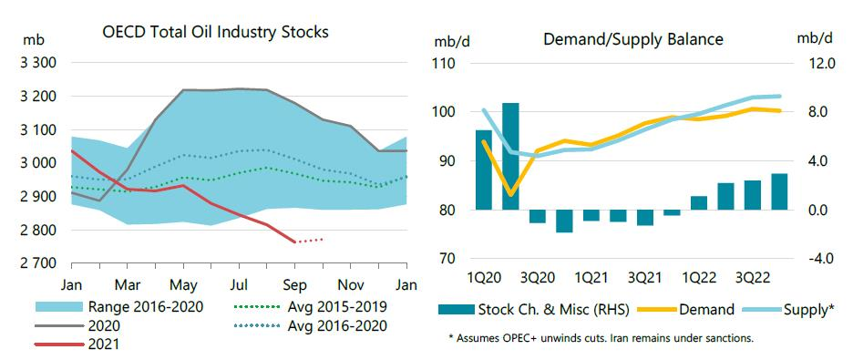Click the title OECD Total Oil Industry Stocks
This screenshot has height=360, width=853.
point(215,31)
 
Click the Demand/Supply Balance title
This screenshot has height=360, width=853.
point(632,39)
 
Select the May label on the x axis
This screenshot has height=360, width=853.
point(185,283)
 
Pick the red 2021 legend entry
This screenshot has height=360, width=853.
point(100,344)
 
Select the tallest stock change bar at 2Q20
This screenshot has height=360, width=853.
point(510,155)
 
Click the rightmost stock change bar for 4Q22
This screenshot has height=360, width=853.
point(779,190)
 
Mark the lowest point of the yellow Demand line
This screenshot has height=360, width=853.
point(511,194)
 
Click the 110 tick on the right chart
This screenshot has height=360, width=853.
point(445,64)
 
